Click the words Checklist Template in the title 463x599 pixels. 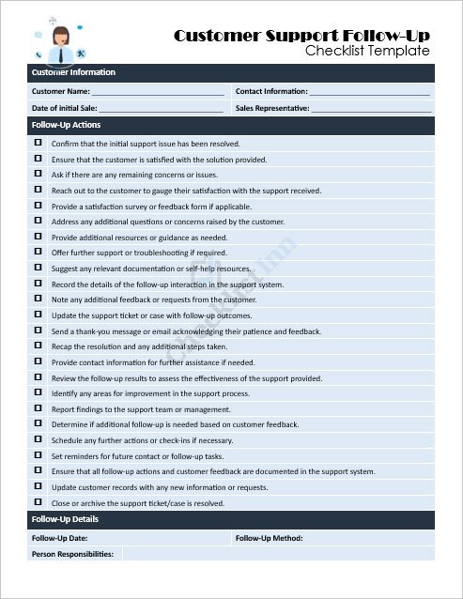pos(367,52)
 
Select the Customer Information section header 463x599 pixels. pos(74,72)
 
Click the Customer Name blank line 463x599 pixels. pos(158,92)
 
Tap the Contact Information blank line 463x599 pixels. pos(369,92)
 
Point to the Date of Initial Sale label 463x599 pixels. pos(65,108)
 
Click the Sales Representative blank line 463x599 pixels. pos(371,109)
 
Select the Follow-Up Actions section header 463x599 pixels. pos(67,125)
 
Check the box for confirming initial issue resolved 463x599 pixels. pos(39,143)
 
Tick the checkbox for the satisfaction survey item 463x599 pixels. pos(39,206)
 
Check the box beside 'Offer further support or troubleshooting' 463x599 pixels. pos(39,253)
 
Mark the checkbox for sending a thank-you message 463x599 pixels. pos(39,330)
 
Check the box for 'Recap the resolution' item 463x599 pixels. pos(39,346)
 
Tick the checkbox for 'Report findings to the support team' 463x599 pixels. pos(39,409)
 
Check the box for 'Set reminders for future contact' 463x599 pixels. pos(39,455)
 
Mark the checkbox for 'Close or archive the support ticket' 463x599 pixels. pos(39,502)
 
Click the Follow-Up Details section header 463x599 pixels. pos(65,519)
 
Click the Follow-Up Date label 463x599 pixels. pos(60,538)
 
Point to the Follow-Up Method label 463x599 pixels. pos(269,538)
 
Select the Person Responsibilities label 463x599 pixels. pos(73,554)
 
